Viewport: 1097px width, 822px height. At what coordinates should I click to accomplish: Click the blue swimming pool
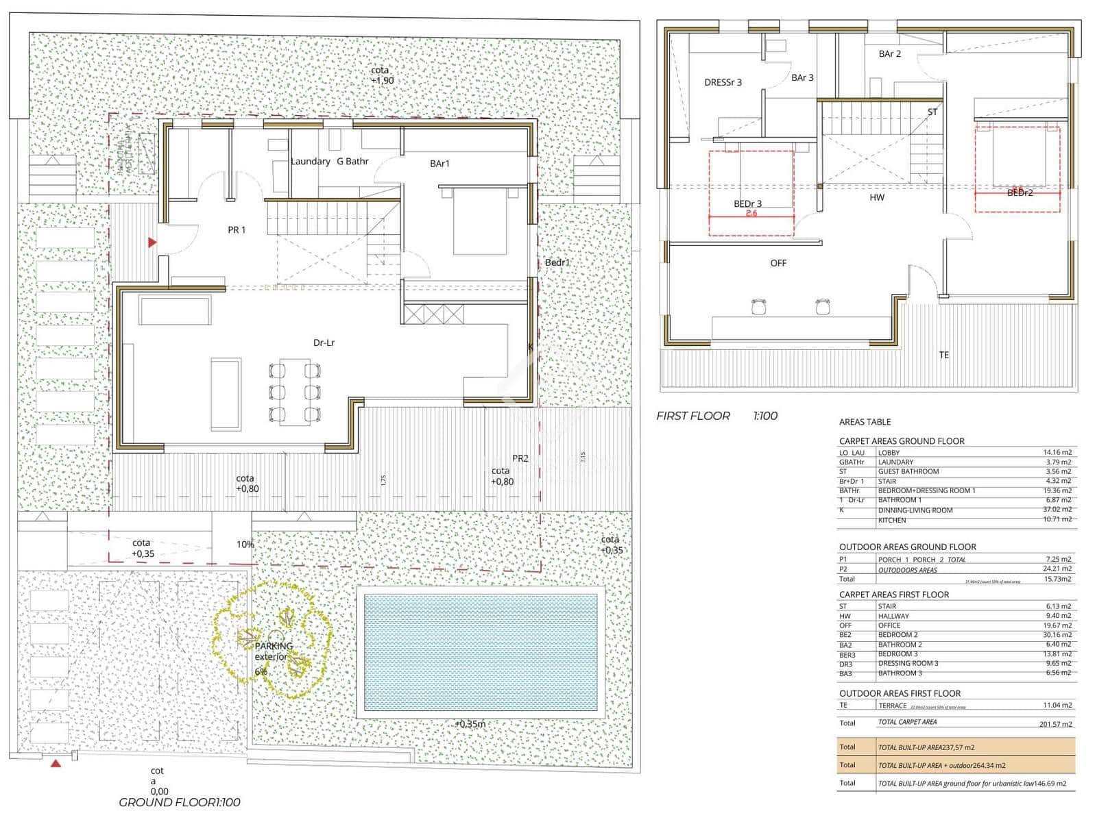click(480, 651)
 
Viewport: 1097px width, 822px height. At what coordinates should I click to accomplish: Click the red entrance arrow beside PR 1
click(152, 242)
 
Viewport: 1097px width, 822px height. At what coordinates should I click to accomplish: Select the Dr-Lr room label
click(324, 342)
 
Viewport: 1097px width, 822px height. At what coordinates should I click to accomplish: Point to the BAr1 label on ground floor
click(439, 164)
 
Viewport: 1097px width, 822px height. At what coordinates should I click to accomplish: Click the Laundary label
click(310, 162)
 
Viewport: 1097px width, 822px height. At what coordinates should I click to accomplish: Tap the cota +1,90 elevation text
click(381, 75)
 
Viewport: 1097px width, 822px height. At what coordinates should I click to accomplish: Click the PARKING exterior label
click(273, 651)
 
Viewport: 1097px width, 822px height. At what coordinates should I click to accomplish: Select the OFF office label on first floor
click(778, 263)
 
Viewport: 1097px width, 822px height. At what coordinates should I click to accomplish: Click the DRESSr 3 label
click(723, 82)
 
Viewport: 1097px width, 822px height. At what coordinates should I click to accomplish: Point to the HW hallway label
click(877, 197)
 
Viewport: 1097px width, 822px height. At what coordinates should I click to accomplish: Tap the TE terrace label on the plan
click(943, 355)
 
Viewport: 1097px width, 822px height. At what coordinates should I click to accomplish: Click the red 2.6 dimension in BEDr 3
click(751, 213)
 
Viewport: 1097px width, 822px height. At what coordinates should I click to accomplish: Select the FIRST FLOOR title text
click(693, 416)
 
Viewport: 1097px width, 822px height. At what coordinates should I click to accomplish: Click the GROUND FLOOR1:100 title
click(180, 802)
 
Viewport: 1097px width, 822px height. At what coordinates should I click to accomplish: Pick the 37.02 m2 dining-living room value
click(1057, 510)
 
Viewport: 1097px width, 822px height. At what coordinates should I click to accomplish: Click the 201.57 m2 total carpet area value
click(1056, 723)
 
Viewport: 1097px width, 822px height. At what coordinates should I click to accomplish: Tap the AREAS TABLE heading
click(865, 422)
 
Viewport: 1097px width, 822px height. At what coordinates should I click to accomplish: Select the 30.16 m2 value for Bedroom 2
click(1057, 635)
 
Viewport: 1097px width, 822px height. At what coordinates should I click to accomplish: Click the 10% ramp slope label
click(245, 545)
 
